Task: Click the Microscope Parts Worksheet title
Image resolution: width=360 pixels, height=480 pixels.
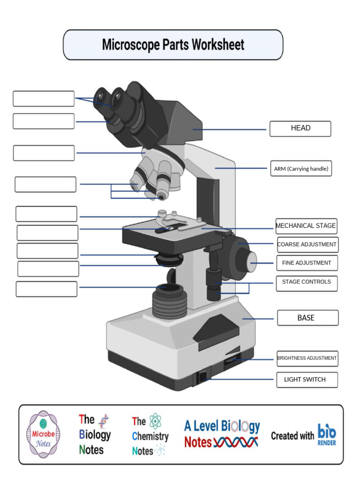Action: pos(173,45)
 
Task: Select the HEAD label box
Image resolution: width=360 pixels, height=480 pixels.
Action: pos(300,128)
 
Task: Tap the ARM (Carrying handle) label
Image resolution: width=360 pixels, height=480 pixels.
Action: pos(301,169)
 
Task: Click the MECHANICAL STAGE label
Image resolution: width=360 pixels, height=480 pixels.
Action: pos(306,226)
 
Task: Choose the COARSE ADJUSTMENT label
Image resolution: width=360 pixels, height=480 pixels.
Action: pos(307,245)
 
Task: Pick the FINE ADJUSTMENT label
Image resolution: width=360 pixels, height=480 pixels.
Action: pos(307,263)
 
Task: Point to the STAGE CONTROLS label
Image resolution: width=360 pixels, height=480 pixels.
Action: pos(306,282)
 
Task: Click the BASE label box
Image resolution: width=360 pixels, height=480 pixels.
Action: pos(307,318)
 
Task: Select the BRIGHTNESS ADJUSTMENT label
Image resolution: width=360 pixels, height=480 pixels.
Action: pos(307,358)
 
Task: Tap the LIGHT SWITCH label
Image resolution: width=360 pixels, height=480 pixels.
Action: pos(307,380)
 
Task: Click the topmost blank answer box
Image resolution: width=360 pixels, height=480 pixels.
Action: pos(44,99)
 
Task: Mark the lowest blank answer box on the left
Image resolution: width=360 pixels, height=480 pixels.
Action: pos(46,289)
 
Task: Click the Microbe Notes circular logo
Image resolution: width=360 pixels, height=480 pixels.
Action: pos(43,435)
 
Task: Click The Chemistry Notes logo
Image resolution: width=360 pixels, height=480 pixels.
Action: pos(150,435)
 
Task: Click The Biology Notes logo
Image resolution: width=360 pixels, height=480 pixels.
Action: pos(94,435)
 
